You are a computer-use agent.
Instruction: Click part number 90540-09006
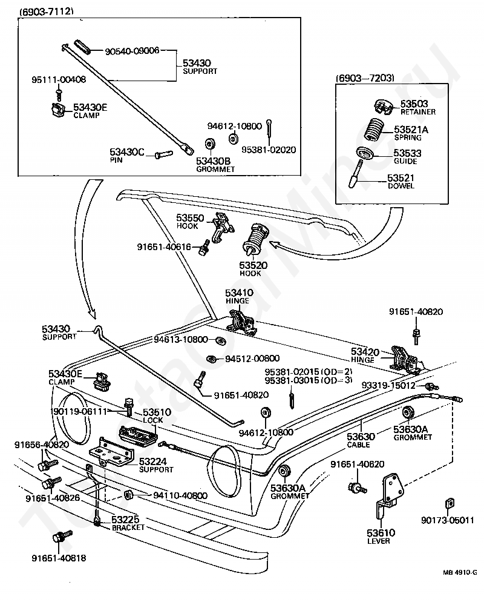tap(132, 51)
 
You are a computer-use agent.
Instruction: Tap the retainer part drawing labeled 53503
tap(382, 107)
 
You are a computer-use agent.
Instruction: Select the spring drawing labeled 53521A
tap(372, 131)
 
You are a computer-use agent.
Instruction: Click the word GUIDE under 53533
tap(405, 161)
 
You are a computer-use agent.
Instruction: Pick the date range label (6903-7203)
tap(365, 78)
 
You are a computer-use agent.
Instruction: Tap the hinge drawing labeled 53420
tap(404, 359)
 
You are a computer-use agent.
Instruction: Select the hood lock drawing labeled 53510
tap(138, 436)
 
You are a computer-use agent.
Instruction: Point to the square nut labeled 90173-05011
tap(450, 503)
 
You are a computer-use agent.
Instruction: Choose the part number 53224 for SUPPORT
tap(152, 461)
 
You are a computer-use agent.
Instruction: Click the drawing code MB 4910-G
tap(460, 572)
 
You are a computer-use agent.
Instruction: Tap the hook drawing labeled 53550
tap(221, 227)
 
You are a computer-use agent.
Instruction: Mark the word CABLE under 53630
tap(358, 445)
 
